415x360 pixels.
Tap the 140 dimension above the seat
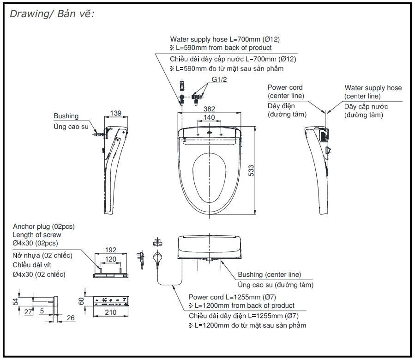[209, 117]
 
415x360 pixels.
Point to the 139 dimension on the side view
[116, 113]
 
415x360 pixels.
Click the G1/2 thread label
[220, 79]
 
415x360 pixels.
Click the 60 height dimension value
[82, 302]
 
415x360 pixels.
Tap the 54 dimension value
[15, 301]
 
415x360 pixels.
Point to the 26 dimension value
[71, 317]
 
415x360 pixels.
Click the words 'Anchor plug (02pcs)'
[43, 226]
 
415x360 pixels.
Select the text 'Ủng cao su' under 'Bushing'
[69, 126]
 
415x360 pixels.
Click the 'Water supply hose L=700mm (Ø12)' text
[225, 39]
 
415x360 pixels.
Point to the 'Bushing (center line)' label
[269, 275]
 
